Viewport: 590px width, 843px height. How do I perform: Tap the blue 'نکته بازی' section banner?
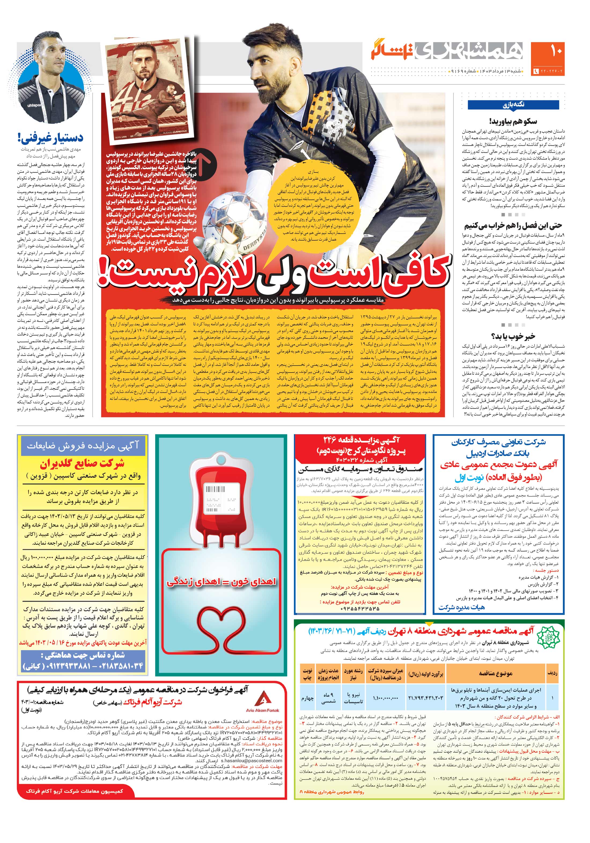click(513, 105)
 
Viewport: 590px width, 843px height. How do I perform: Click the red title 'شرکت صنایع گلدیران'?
click(82, 464)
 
